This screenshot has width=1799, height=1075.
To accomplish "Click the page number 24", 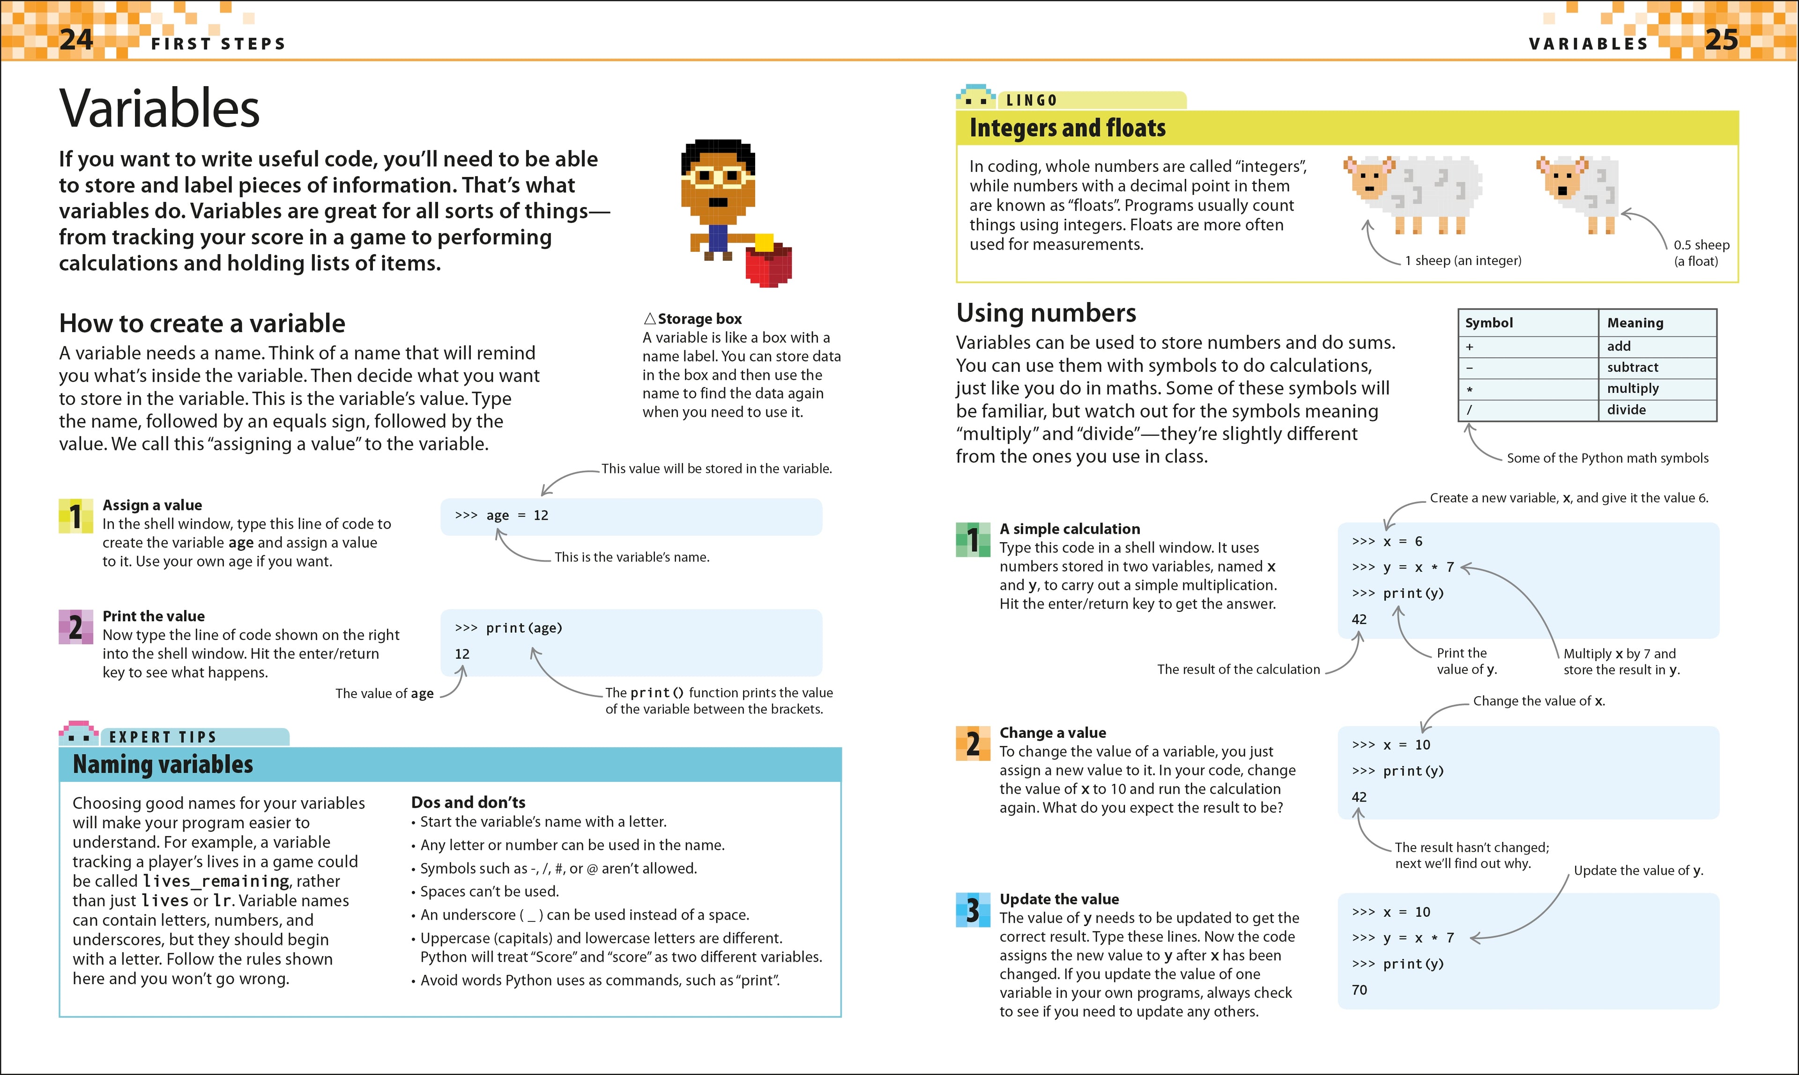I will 76,39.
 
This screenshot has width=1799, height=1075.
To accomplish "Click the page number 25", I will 1721,39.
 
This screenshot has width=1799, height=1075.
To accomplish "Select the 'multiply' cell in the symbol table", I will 1632,388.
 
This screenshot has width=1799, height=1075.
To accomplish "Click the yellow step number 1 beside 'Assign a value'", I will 75,516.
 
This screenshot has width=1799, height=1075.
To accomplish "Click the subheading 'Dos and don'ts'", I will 468,803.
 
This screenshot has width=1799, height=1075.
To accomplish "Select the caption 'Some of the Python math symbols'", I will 1607,458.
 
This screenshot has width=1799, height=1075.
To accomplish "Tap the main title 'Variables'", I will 159,109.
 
